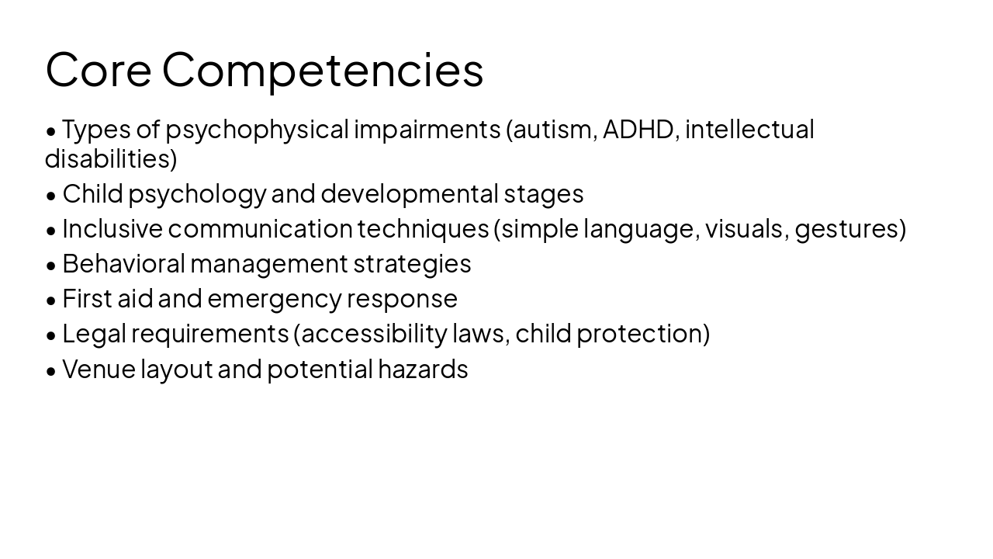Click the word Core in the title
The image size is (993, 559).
pos(98,69)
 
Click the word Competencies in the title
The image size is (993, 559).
pos(323,69)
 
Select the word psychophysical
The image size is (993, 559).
pos(257,129)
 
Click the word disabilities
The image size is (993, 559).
pos(108,158)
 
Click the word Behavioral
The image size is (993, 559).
pos(123,263)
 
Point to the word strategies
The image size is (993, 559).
pos(412,263)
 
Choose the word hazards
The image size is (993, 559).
pos(423,369)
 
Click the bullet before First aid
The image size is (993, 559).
pos(51,300)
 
